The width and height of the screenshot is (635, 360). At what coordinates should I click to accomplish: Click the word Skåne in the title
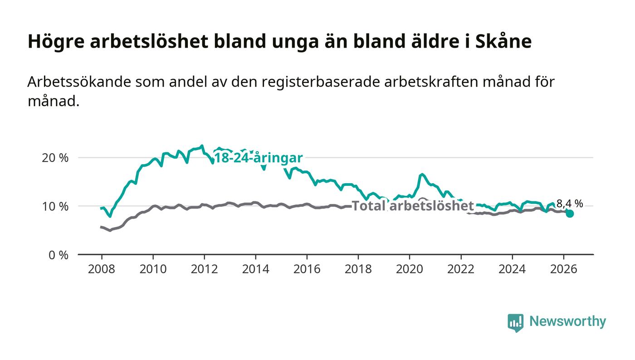click(x=503, y=41)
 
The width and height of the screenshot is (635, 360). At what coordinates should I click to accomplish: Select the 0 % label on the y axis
click(x=59, y=255)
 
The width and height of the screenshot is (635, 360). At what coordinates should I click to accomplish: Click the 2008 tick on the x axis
click(x=102, y=269)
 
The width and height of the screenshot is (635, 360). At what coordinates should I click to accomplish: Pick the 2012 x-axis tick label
click(x=204, y=269)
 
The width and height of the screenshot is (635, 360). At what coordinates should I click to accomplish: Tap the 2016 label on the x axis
click(x=307, y=269)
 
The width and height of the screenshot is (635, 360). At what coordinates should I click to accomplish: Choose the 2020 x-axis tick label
click(x=409, y=269)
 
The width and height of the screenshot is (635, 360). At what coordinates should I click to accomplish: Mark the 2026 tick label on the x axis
click(x=563, y=269)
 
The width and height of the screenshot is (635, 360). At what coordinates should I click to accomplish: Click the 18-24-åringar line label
click(x=259, y=158)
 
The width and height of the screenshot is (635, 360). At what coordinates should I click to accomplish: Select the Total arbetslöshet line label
click(x=413, y=205)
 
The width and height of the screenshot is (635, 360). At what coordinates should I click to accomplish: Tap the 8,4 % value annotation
click(x=570, y=204)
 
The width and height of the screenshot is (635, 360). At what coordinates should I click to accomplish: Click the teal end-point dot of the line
click(x=570, y=214)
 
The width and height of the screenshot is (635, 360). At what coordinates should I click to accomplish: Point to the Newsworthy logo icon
click(x=516, y=322)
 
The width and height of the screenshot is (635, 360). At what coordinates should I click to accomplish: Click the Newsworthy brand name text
click(x=567, y=321)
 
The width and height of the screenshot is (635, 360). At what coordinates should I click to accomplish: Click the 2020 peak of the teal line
click(x=422, y=174)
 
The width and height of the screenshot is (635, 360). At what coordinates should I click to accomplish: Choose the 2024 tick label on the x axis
click(x=512, y=269)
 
